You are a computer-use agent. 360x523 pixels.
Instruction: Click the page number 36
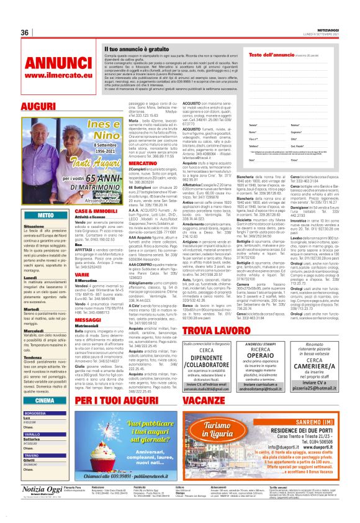26,33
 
